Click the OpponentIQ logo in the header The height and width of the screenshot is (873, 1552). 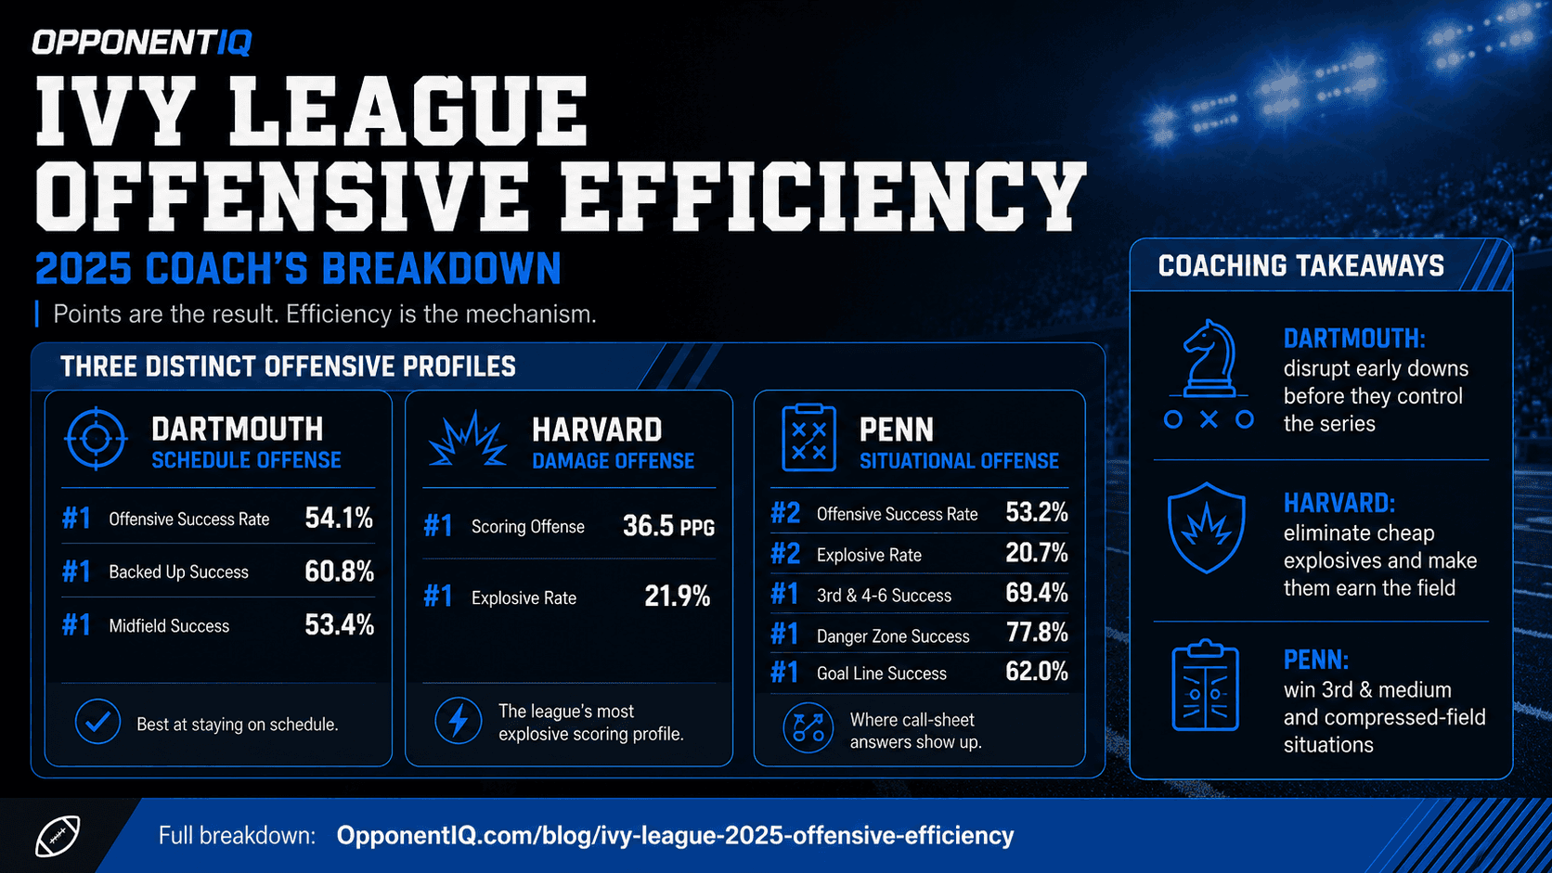tap(141, 43)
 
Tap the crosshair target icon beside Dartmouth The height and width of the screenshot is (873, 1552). tap(97, 438)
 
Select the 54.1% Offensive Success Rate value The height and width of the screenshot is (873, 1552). tap(339, 518)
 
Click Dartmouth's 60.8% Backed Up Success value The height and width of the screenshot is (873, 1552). tap(339, 571)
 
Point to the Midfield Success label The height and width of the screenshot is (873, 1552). tap(169, 626)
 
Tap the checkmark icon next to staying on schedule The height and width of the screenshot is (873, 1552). tap(97, 722)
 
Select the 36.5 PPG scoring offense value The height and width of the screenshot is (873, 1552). tap(668, 526)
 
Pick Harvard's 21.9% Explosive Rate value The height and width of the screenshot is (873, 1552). tap(677, 597)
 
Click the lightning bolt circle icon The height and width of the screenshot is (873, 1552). tap(458, 721)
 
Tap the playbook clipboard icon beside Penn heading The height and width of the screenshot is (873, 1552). tap(808, 438)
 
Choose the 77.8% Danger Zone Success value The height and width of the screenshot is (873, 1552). tap(1037, 632)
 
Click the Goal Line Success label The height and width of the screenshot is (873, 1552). tap(881, 674)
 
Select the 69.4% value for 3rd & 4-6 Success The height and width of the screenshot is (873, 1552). tap(1037, 593)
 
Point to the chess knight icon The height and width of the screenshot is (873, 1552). tap(1209, 374)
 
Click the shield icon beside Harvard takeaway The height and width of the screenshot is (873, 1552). tap(1207, 528)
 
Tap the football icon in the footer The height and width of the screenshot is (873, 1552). tap(58, 836)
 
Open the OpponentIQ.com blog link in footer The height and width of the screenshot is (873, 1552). tap(675, 836)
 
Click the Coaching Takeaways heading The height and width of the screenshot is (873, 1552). tap(1301, 266)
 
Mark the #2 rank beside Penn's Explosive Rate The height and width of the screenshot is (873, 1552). tap(785, 554)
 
